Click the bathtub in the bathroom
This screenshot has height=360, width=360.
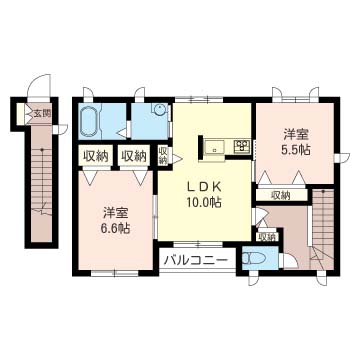[x=89, y=122]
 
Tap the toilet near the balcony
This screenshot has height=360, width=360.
[x=253, y=259]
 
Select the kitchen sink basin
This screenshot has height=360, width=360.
[x=214, y=146]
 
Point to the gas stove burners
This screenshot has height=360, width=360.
[x=242, y=146]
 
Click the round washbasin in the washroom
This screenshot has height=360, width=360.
[x=160, y=108]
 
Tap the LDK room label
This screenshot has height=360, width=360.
[x=203, y=188]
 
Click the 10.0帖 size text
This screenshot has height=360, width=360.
[x=203, y=202]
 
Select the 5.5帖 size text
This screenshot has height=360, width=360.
[x=296, y=150]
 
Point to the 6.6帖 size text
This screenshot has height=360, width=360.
[x=116, y=228]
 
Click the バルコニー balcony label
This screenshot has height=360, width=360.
[x=197, y=260]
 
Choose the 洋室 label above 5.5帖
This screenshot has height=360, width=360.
[x=296, y=135]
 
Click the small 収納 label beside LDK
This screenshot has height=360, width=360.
[x=163, y=155]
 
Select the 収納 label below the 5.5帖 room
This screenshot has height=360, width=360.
[x=280, y=195]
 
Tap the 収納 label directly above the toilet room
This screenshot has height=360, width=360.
[x=267, y=237]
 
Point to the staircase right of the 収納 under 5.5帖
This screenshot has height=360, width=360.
[x=323, y=228]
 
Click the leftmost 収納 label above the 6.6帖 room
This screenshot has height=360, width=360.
[x=96, y=156]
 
